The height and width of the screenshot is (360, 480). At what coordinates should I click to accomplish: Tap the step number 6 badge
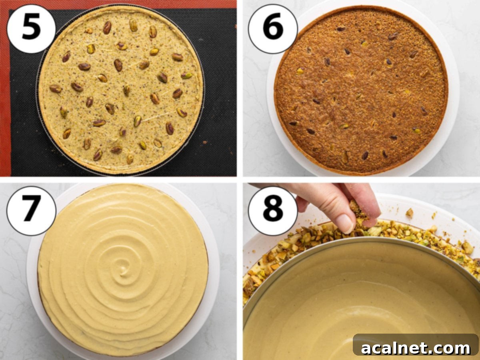tap(273, 29)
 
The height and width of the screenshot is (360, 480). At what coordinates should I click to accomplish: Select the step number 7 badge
tap(31, 210)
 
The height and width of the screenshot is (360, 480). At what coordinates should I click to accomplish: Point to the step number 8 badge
tap(273, 210)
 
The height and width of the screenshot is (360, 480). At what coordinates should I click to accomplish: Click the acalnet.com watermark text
tap(416, 348)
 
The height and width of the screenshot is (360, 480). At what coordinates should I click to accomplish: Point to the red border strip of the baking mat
tap(5, 100)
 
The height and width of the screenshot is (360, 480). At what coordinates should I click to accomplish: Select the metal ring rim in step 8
tap(360, 239)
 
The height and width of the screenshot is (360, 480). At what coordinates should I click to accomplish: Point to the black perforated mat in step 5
tap(24, 120)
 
